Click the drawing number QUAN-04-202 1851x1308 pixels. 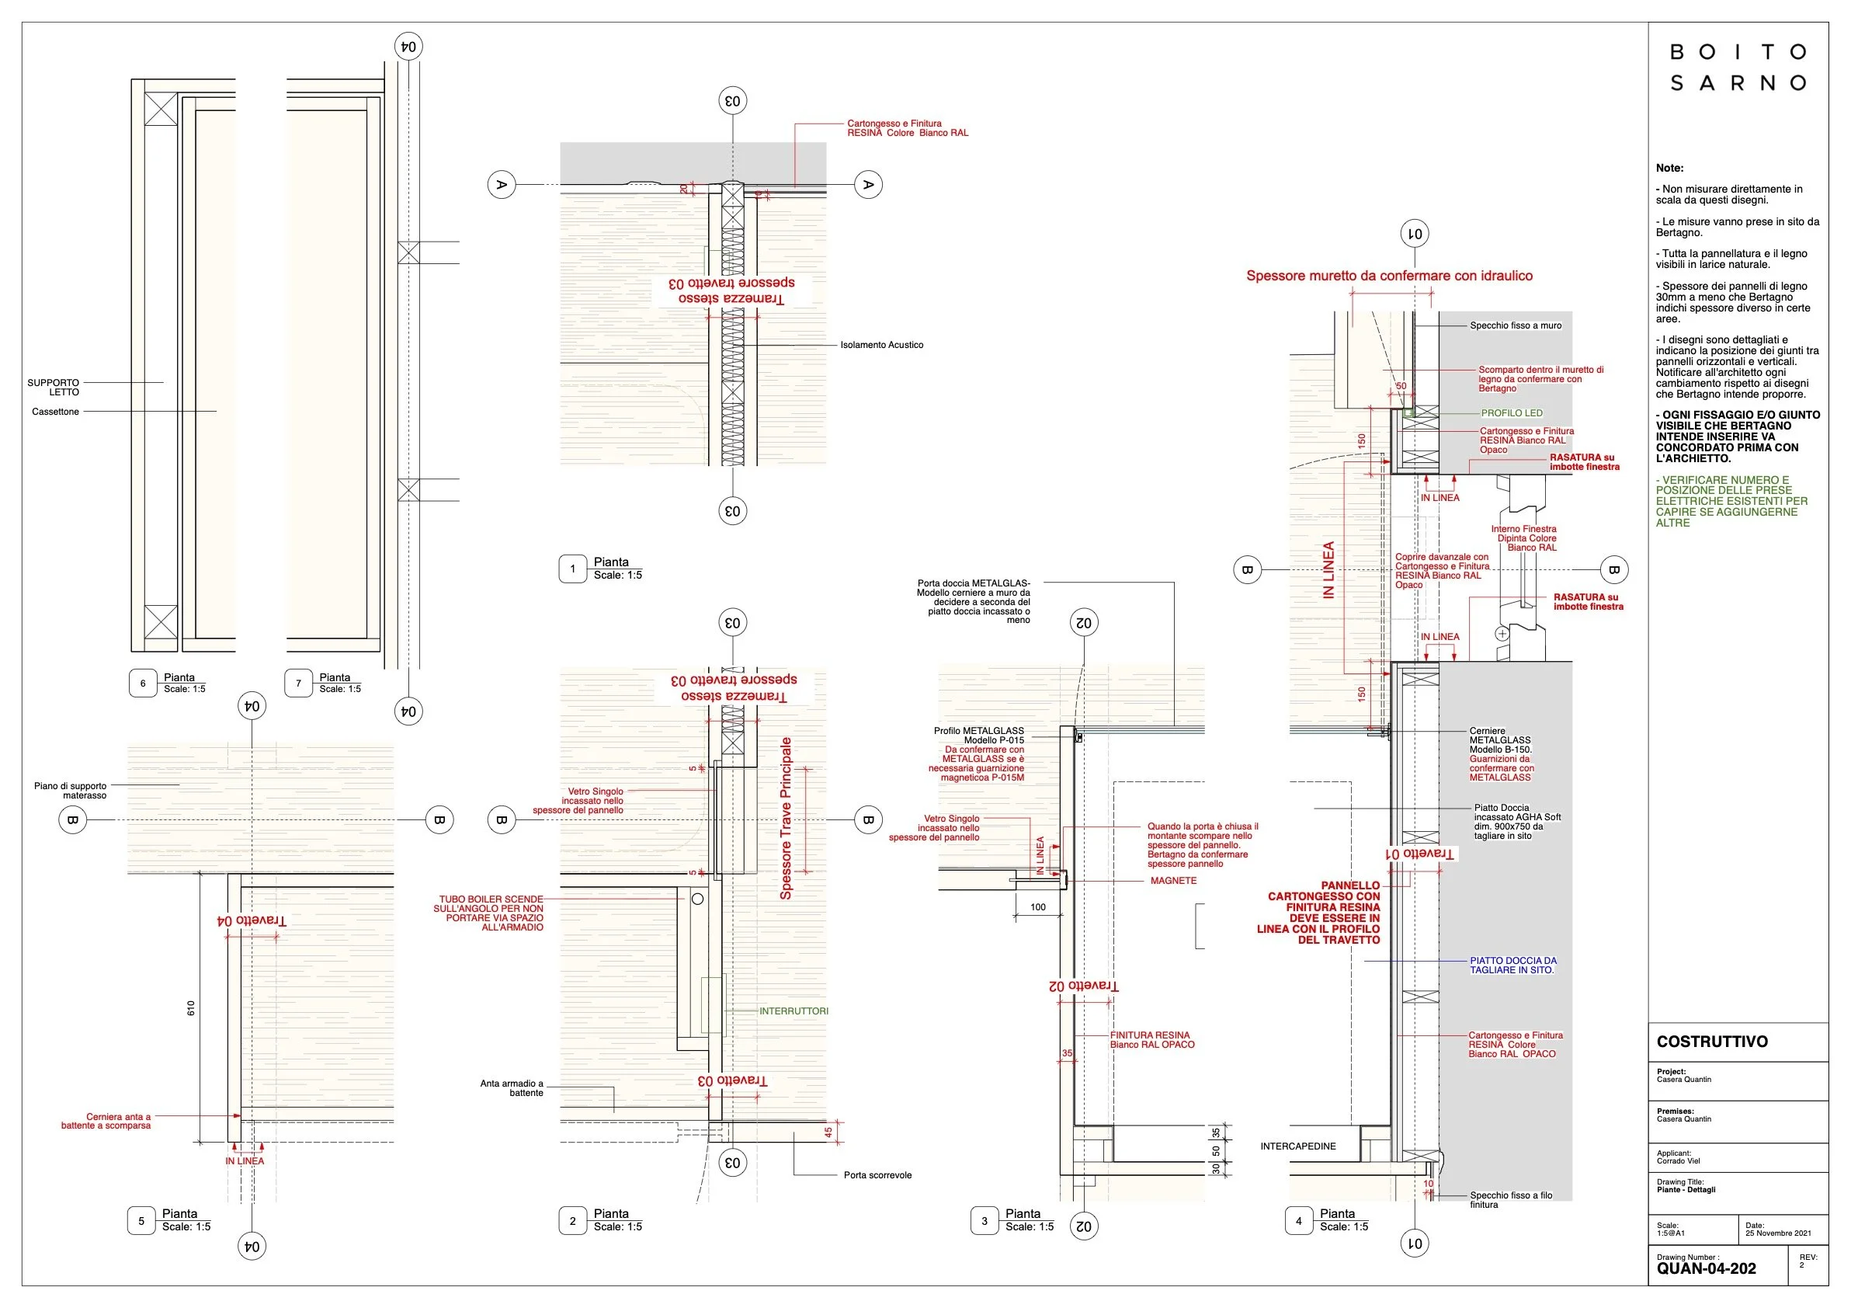[1706, 1268]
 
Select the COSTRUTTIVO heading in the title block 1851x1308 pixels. [1711, 1041]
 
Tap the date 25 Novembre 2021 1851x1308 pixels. [1778, 1233]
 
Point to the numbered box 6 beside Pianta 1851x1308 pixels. [143, 683]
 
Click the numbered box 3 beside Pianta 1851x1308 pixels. [984, 1221]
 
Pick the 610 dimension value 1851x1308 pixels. [191, 1007]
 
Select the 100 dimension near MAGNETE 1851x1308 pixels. [1037, 907]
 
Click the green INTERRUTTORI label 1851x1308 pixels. [794, 1011]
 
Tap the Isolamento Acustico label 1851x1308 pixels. [881, 345]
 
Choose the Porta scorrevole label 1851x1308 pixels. [877, 1175]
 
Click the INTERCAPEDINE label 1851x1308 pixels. [1298, 1146]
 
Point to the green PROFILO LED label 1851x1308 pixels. [1512, 413]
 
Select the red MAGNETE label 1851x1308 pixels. [1173, 881]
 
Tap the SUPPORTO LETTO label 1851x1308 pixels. [54, 387]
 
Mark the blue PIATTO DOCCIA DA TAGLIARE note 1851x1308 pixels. [1512, 965]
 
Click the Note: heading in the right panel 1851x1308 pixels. [1669, 168]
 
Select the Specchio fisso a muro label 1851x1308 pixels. [1515, 325]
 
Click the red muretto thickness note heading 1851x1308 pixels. [1389, 276]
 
